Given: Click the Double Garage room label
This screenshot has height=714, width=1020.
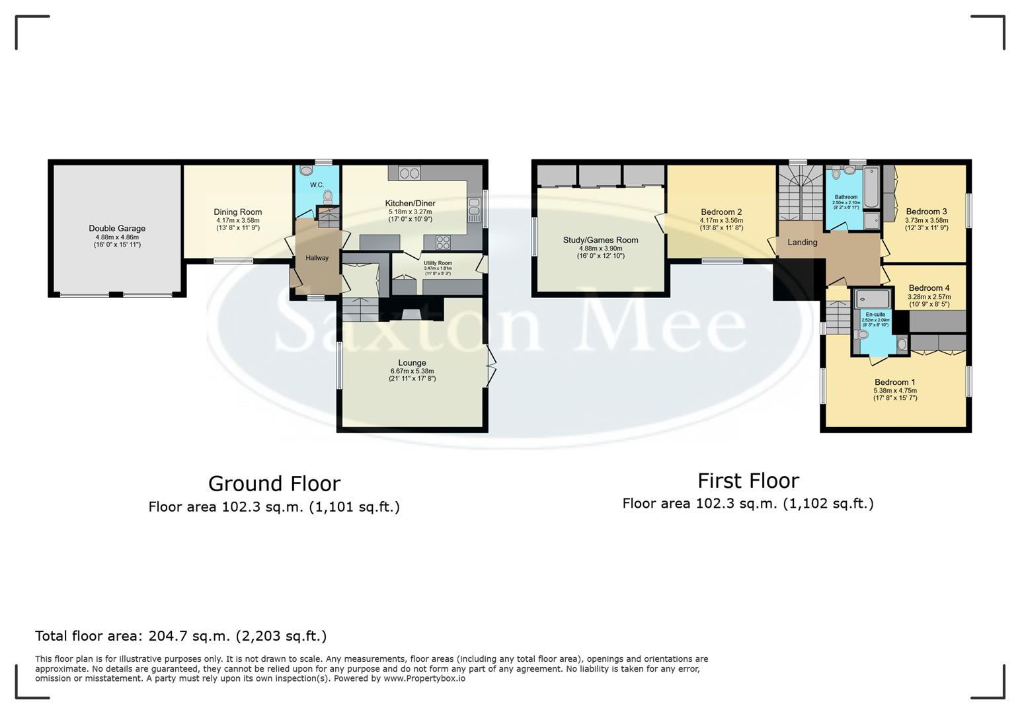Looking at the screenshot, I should (x=117, y=229).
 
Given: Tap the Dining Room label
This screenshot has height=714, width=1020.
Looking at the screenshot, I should (x=237, y=212).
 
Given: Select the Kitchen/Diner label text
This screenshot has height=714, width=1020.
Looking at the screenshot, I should (x=410, y=203).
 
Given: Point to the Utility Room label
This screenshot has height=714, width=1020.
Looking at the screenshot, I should (x=438, y=263).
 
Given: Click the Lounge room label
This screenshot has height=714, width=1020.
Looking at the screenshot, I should (x=412, y=363).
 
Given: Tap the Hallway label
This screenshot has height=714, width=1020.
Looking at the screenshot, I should (x=317, y=258).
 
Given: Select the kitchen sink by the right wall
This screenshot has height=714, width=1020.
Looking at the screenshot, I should (x=473, y=210).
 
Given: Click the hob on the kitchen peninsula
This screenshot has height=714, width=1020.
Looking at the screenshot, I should (x=443, y=241).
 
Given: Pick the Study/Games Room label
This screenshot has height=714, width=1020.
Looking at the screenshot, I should (x=600, y=240).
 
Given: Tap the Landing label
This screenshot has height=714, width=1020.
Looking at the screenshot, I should (x=802, y=242).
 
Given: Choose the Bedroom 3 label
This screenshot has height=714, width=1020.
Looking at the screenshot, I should (x=926, y=212).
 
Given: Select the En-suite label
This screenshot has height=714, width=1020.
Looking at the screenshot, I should (x=875, y=314).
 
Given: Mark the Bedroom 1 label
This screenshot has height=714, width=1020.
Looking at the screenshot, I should (x=894, y=382).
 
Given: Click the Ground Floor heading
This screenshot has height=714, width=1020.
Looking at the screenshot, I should (x=274, y=484).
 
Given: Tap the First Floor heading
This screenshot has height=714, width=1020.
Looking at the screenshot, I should (x=748, y=481).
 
